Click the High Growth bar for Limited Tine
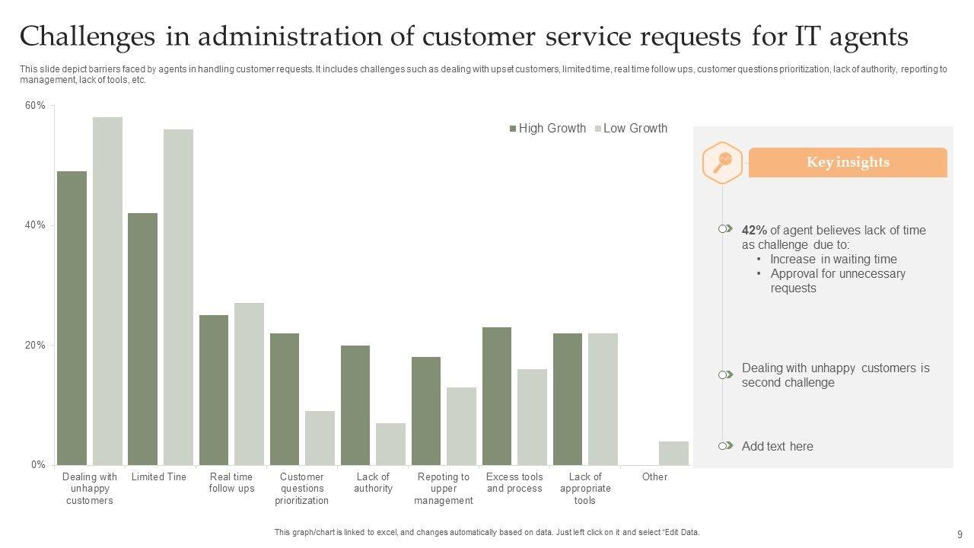click(142, 339)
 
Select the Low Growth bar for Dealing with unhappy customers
click(107, 291)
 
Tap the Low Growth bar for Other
click(673, 453)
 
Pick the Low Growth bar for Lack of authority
click(390, 444)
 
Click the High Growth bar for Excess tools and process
click(497, 396)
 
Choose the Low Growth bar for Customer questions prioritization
click(320, 438)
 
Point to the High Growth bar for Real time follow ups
click(214, 390)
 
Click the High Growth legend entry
click(548, 129)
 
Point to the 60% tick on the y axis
click(36, 106)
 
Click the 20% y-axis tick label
click(36, 345)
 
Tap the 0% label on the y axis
click(38, 464)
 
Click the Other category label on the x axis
click(654, 477)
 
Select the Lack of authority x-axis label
click(373, 483)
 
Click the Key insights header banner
click(848, 162)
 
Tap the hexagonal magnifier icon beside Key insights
click(721, 162)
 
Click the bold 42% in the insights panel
click(754, 230)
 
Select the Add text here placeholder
click(777, 447)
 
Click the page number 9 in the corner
click(960, 534)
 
